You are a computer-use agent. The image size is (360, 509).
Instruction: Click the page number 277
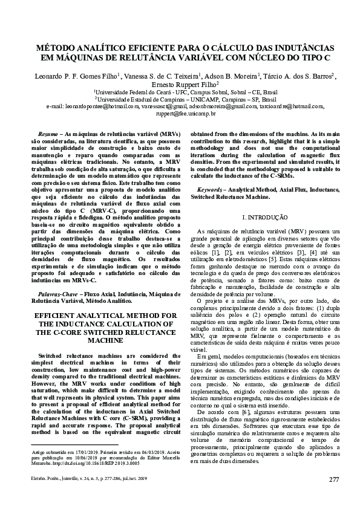point(333,480)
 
